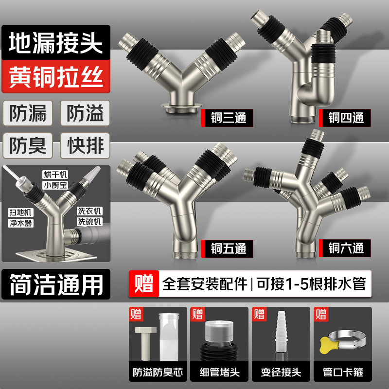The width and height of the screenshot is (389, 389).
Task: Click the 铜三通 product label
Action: point(228,118)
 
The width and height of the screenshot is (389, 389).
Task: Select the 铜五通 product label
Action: point(228,249)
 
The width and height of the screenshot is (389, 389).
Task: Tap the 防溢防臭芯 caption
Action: point(158,373)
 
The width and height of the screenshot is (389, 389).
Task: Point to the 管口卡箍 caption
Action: point(343,373)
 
